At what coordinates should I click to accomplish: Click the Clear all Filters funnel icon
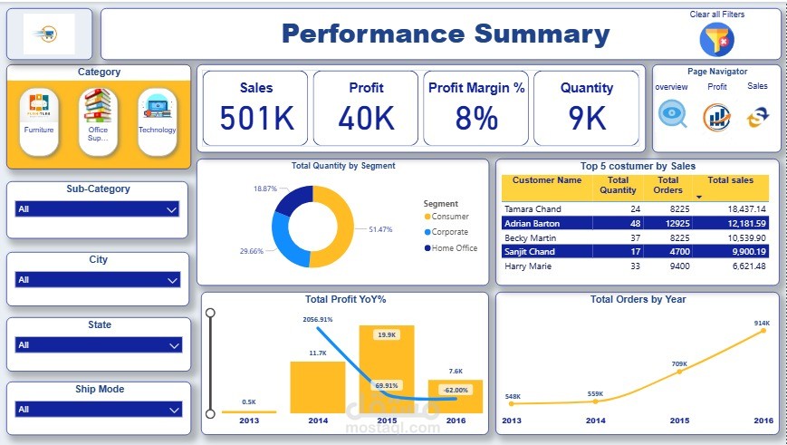pos(716,39)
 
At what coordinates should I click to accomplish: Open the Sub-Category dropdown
pos(97,209)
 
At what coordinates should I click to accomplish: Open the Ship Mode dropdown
pos(97,410)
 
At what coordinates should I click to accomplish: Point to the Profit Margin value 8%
pos(476,118)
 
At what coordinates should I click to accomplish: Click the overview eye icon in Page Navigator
pos(672,115)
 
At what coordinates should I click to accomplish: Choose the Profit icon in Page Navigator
pos(716,116)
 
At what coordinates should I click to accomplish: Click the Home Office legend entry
pos(453,247)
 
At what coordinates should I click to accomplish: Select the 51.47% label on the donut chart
pos(379,230)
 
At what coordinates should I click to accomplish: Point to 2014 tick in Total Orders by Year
pos(596,421)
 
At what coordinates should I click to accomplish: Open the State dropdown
pos(97,345)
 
